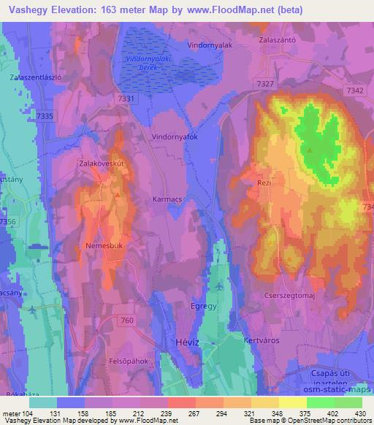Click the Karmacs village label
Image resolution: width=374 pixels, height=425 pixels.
coord(167,197)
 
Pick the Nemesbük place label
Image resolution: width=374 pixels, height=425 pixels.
coord(102,246)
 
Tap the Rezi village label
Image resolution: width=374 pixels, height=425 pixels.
coord(264,183)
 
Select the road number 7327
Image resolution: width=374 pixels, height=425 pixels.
coord(265,85)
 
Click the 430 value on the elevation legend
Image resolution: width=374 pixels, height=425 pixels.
coord(357,413)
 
